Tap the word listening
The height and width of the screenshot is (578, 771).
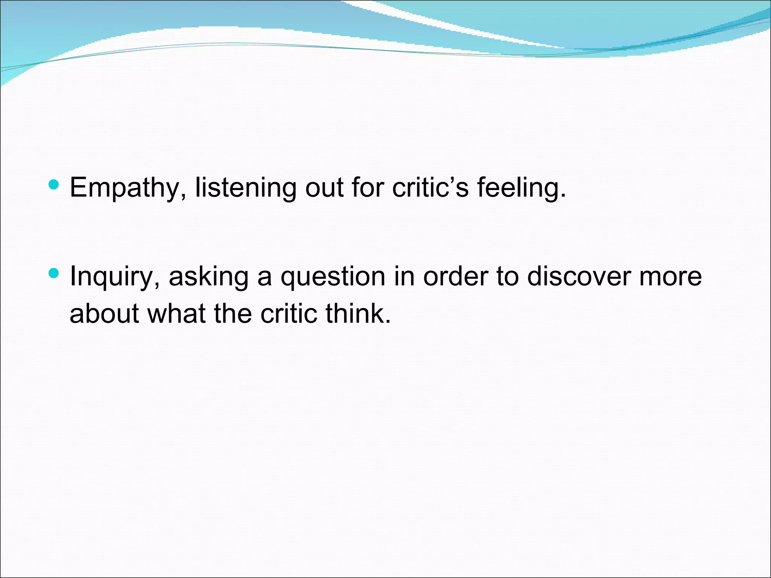245,188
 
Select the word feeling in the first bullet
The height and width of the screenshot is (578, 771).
521,188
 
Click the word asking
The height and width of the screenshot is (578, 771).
209,277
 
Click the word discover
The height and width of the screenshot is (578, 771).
578,276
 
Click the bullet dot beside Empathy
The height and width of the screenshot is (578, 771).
54,184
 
